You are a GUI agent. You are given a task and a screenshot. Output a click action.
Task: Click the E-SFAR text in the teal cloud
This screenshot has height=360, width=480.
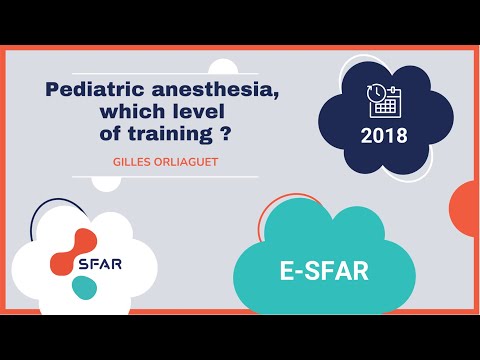click(324, 270)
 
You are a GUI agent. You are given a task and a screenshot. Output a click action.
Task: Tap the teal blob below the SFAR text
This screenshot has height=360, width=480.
click(84, 288)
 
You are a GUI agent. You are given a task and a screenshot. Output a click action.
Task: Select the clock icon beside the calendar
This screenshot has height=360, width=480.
click(377, 93)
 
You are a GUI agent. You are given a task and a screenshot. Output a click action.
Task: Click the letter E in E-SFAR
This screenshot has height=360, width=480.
click(285, 270)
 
